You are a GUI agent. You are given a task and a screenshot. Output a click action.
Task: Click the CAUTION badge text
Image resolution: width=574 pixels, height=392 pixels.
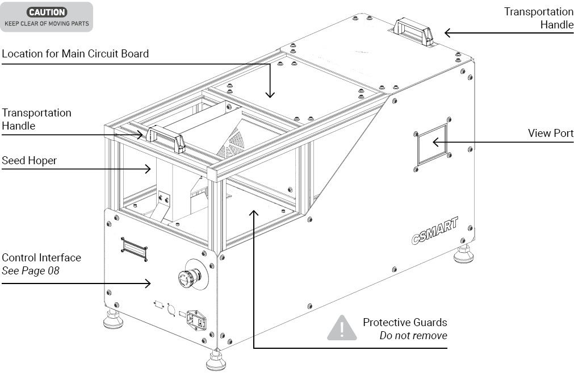(x=47, y=11)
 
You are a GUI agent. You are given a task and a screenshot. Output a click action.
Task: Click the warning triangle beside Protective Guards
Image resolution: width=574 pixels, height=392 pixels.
(x=341, y=328)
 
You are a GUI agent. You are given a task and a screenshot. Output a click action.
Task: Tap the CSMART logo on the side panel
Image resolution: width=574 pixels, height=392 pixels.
(x=434, y=231)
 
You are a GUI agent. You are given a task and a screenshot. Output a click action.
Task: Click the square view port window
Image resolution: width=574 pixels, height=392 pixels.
(x=431, y=144)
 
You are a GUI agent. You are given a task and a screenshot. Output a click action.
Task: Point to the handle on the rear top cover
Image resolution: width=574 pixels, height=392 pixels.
(x=413, y=30)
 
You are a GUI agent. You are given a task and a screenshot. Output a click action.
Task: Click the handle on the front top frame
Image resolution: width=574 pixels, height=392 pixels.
(x=166, y=138)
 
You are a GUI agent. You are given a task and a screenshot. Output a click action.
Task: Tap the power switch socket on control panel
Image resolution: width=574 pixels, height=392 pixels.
(x=196, y=321)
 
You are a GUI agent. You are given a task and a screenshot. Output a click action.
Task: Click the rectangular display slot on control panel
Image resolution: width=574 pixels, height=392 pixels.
(x=134, y=249)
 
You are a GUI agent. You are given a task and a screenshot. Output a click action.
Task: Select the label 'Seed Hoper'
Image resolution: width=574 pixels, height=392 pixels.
(x=29, y=161)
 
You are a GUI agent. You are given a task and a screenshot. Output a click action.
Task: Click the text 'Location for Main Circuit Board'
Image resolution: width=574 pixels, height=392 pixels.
(x=75, y=54)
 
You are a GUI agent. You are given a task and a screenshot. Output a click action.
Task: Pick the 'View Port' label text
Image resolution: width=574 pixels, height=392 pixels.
(x=550, y=134)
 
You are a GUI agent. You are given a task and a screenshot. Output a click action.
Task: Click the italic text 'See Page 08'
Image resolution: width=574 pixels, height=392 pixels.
(x=31, y=270)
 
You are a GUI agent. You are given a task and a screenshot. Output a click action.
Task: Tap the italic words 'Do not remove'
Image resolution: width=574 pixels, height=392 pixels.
(x=413, y=335)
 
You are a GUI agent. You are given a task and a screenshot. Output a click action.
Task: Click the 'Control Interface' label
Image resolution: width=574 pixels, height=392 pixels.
(x=41, y=257)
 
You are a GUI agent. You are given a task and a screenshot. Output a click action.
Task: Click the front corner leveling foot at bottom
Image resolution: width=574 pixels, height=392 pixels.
(x=216, y=361)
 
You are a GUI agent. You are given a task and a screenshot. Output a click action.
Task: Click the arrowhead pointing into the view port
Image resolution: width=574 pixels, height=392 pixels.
(x=436, y=141)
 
